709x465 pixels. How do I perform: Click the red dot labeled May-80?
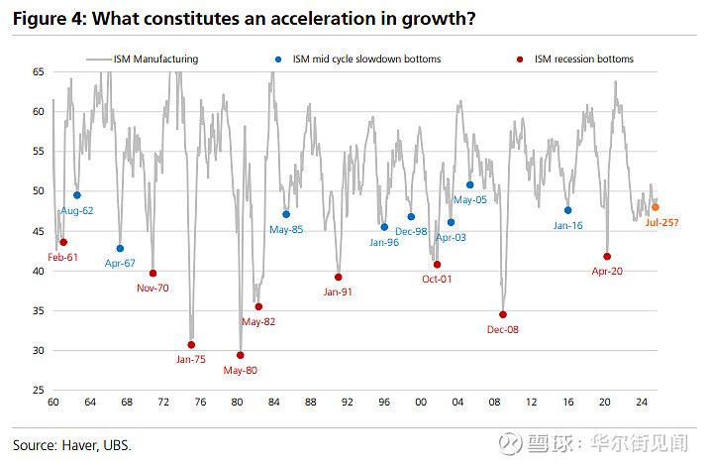coord(241,355)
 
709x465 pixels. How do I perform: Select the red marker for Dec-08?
coord(503,314)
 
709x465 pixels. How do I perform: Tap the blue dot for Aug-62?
coord(77,195)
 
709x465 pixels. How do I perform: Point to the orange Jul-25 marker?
coord(656,207)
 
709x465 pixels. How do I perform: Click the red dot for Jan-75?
coord(192,345)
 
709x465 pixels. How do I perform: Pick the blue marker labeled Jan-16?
coord(567,210)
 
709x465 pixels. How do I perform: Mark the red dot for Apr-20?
coord(607,257)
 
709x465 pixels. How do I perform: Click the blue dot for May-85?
coord(286,214)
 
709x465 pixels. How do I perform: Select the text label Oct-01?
coord(437,279)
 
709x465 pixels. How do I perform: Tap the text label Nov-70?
coord(152,288)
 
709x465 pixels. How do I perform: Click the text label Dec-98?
coord(411,231)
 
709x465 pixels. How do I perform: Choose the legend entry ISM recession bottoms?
coord(582,59)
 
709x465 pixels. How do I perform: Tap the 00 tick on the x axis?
coord(421,402)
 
